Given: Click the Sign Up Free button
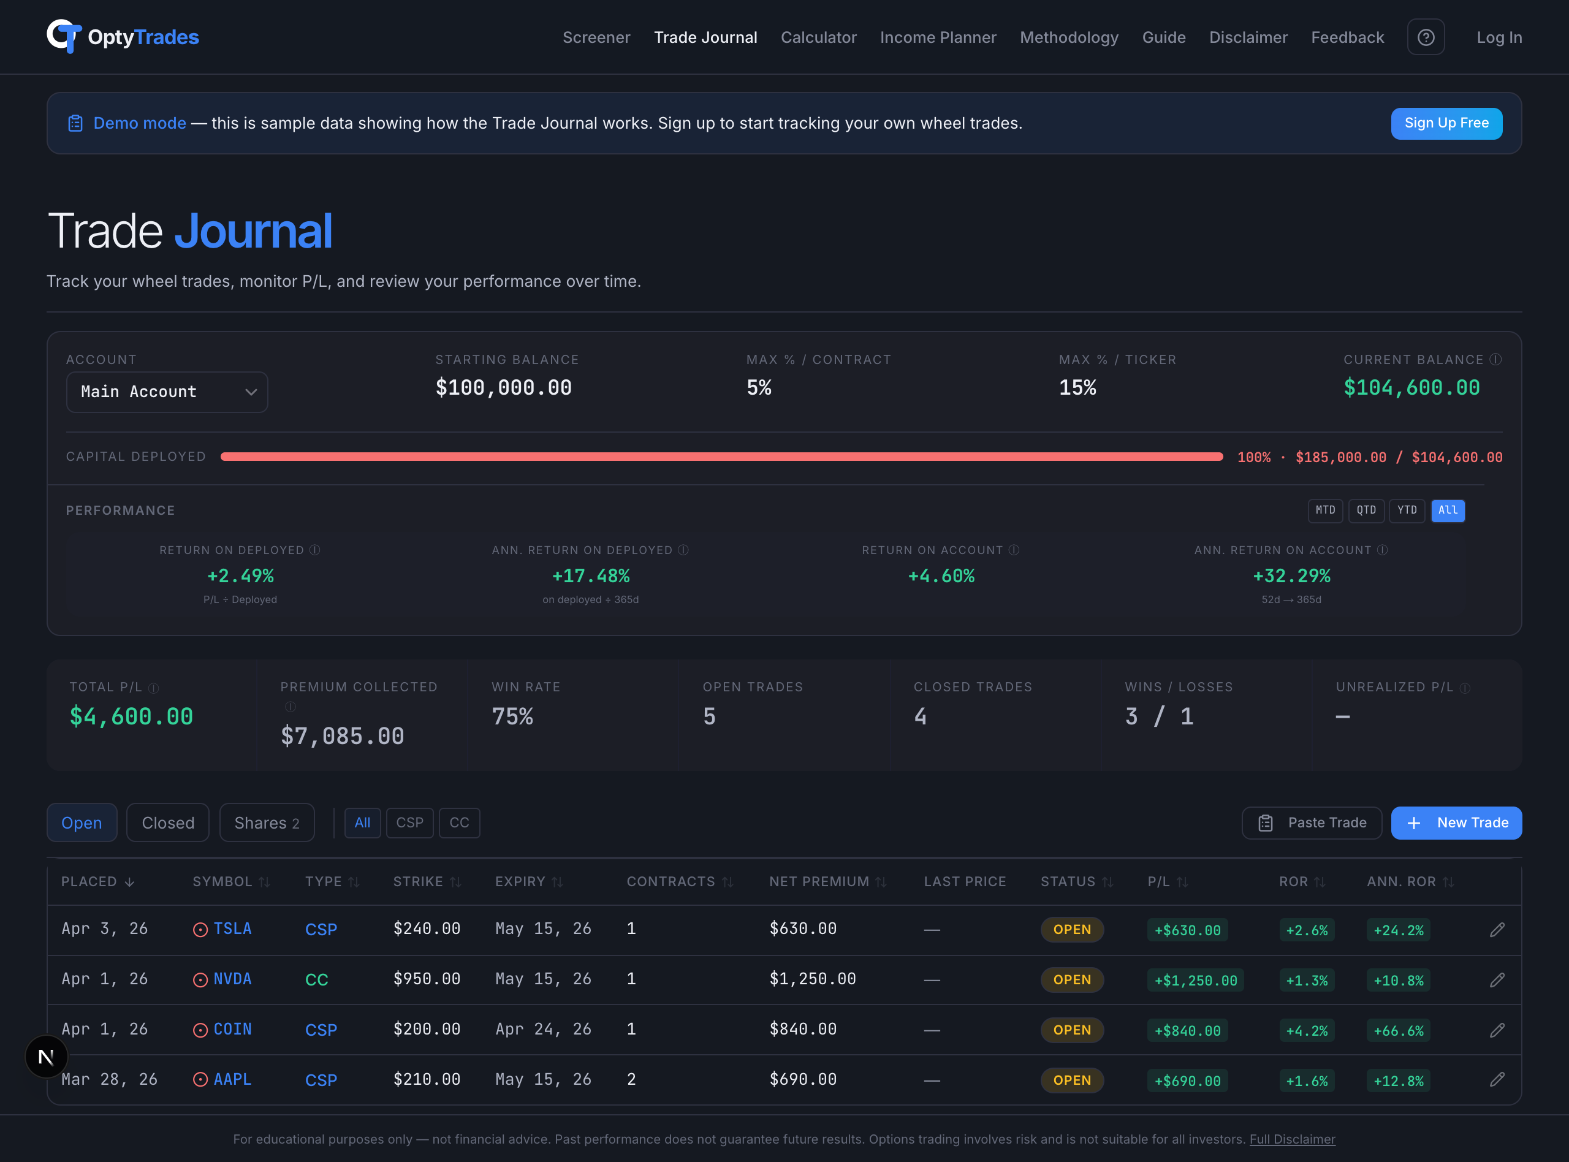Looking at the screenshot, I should click(1446, 123).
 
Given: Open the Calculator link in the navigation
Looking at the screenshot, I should click(818, 37).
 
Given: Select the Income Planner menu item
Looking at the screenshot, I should click(938, 37).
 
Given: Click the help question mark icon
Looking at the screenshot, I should click(1426, 37).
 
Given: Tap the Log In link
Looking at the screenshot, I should click(1499, 37).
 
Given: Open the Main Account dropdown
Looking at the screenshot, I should click(167, 392).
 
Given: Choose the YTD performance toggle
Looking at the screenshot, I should click(1407, 510).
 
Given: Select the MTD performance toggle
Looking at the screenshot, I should click(1325, 510).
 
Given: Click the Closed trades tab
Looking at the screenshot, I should click(167, 822).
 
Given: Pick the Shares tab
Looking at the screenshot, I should click(267, 822).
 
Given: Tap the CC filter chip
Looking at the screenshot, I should click(459, 822).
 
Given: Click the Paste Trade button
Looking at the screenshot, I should click(1312, 822).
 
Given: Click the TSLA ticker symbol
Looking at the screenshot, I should click(232, 928).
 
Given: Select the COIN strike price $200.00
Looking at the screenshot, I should click(426, 1029).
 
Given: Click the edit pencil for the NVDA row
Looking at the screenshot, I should click(1497, 979).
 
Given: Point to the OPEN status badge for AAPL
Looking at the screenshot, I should click(1072, 1080).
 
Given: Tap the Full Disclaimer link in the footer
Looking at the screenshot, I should click(1292, 1139).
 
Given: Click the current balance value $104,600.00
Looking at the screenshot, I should click(1411, 387).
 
